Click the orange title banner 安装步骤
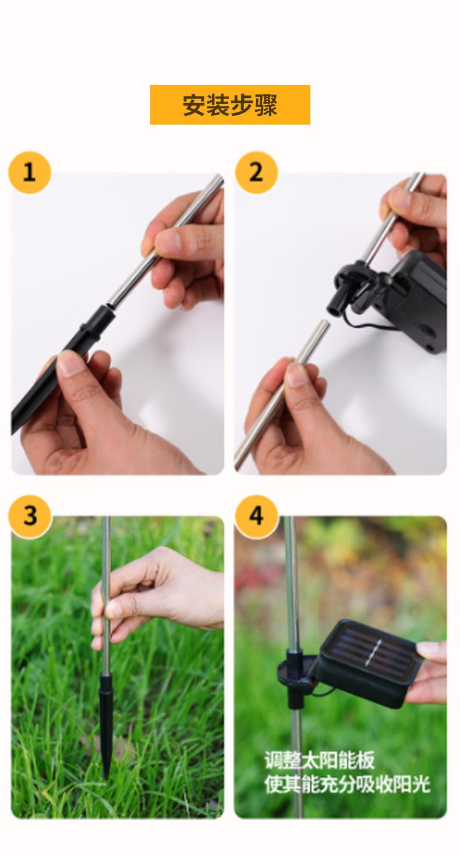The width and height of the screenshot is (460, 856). pos(230,105)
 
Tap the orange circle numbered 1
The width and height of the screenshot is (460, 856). pos(30,172)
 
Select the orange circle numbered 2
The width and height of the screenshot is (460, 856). pos(256,172)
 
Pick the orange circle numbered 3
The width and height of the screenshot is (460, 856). pos(30,516)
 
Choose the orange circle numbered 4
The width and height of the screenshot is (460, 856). pos(256,516)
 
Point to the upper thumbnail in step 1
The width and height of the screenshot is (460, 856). pos(168,240)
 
